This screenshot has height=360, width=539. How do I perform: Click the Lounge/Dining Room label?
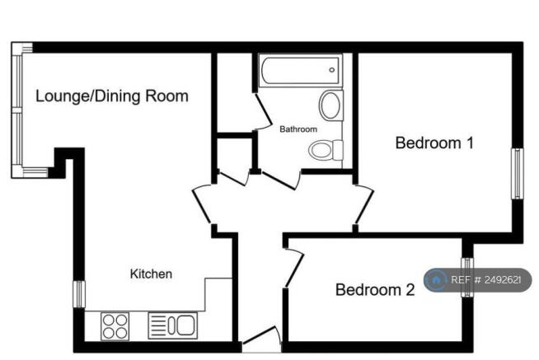tap(112, 96)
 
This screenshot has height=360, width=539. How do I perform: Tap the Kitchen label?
tap(152, 274)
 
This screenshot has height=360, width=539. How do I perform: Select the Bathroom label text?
tap(298, 129)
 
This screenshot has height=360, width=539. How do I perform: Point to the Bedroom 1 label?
tap(434, 143)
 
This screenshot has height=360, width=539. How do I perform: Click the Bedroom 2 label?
tap(375, 290)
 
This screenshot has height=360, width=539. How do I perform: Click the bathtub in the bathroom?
tap(301, 70)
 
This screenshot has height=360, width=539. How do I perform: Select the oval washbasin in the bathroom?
tap(330, 105)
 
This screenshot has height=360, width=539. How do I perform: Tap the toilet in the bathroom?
tap(326, 150)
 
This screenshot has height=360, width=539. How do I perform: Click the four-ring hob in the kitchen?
tap(115, 326)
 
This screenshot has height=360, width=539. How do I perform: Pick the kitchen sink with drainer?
tap(173, 325)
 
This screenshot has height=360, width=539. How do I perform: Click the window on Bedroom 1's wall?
tap(518, 174)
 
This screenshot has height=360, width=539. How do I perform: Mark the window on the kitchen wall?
tap(79, 294)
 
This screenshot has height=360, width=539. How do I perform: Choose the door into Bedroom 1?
tap(364, 205)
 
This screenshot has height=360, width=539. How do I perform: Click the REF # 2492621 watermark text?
tap(486, 280)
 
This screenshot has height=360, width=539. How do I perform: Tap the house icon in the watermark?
tap(435, 280)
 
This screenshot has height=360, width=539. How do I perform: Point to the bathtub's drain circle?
tap(331, 70)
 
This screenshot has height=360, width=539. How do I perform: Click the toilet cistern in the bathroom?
tap(338, 150)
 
